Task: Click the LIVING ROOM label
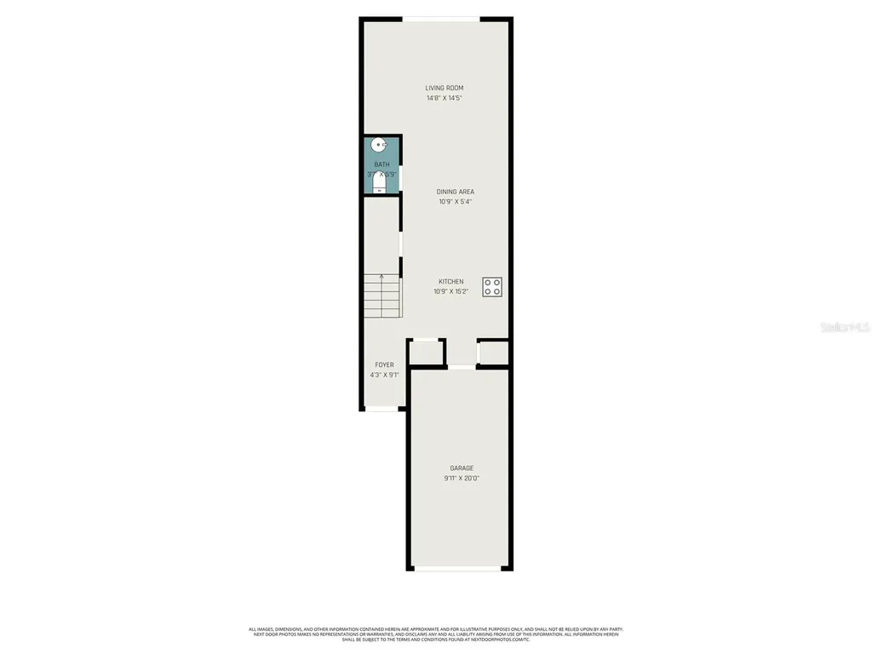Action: pos(445,88)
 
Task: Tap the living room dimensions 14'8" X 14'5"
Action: pos(445,99)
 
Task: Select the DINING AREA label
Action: pos(456,192)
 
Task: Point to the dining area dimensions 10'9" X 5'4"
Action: pos(456,203)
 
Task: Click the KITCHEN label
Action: pos(451,282)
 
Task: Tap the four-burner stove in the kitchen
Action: pos(492,287)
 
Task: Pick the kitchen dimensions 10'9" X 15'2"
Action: pos(451,292)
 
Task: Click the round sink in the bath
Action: pos(381,146)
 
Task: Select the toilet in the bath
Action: pos(380,185)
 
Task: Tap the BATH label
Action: pos(381,164)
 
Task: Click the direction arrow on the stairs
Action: pos(381,277)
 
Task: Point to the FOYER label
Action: pos(385,364)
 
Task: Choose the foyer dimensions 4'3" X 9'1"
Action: pos(385,375)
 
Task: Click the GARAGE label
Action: pos(462,468)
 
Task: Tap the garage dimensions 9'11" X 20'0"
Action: pos(462,479)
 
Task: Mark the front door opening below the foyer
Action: pos(383,410)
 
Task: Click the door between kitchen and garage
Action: pos(462,367)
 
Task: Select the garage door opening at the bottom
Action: pos(461,568)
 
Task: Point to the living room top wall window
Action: pos(441,19)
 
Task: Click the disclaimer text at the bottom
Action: pos(436,634)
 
